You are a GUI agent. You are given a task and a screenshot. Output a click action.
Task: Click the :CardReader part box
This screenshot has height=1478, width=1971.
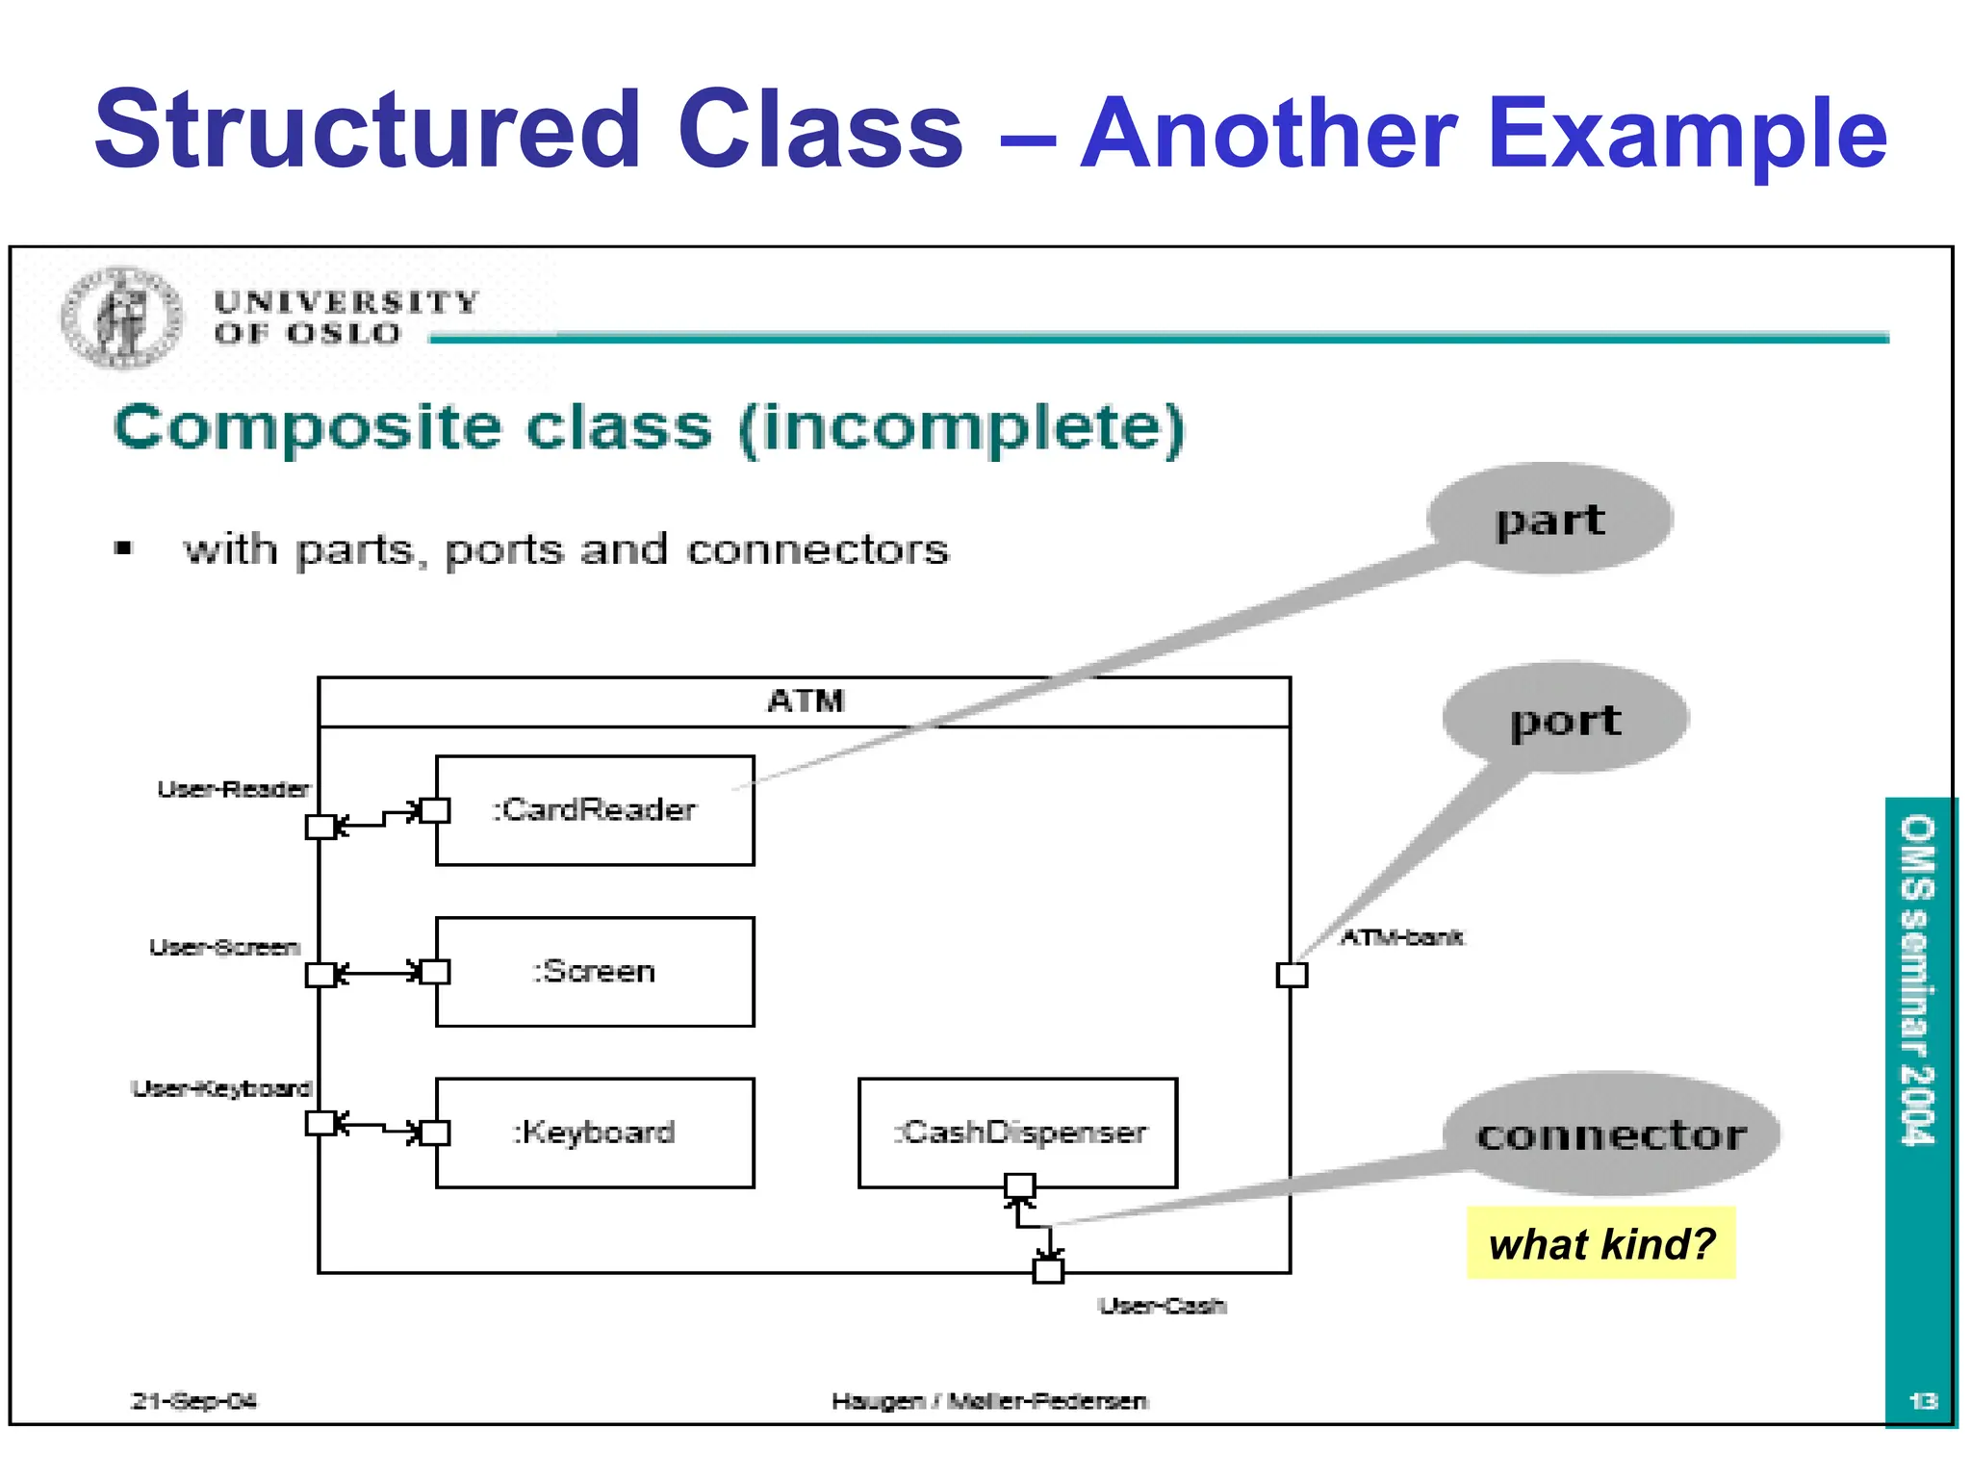click(x=595, y=810)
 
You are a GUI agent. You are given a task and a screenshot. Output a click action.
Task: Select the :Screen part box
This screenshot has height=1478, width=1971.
click(x=595, y=972)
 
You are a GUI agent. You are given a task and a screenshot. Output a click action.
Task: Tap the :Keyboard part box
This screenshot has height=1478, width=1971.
click(x=595, y=1133)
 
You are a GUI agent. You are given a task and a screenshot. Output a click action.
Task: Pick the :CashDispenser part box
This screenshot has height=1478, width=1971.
click(x=1017, y=1133)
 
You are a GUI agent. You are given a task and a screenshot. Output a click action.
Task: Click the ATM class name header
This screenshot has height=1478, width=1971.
click(x=805, y=701)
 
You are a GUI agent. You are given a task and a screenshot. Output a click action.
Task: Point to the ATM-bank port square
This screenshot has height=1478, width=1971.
click(x=1292, y=975)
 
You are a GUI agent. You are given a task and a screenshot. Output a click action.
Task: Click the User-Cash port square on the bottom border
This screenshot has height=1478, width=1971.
click(x=1048, y=1270)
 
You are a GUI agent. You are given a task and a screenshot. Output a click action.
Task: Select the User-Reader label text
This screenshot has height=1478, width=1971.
click(x=234, y=790)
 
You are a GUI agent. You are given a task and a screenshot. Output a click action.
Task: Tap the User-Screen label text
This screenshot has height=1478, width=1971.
click(x=224, y=948)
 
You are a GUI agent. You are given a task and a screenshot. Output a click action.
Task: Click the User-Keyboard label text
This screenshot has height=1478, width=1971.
click(x=221, y=1089)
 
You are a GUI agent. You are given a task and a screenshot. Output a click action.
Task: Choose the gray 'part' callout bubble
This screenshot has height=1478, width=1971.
click(x=1549, y=520)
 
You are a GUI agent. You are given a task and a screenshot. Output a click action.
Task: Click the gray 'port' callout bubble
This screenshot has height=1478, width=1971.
click(x=1565, y=719)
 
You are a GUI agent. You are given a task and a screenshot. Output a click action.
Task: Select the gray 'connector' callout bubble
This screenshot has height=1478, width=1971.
click(x=1611, y=1134)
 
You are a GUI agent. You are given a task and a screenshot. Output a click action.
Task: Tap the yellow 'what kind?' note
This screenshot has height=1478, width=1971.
click(x=1600, y=1243)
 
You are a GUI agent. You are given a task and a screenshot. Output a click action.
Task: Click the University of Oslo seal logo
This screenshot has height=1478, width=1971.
click(x=121, y=318)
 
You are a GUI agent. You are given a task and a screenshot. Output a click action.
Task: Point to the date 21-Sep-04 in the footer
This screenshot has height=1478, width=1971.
click(x=193, y=1401)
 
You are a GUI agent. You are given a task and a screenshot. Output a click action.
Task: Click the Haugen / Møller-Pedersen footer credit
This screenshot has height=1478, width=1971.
click(x=989, y=1401)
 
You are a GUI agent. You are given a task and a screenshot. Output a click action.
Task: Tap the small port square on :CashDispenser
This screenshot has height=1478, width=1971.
click(x=1019, y=1185)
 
